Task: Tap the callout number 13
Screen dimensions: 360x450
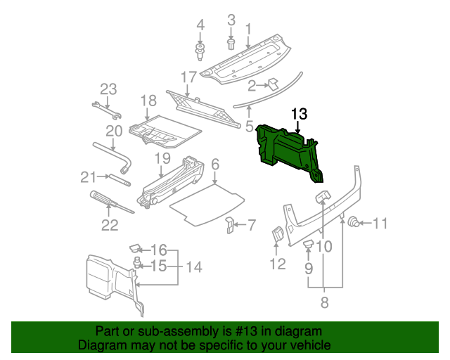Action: tap(299, 113)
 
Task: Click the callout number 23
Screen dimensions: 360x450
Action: tap(108, 89)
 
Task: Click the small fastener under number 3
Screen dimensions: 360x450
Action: tap(231, 44)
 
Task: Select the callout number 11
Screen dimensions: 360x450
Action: tap(380, 224)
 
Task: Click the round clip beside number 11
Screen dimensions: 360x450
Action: tap(355, 224)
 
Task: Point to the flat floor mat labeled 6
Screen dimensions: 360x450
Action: tap(207, 204)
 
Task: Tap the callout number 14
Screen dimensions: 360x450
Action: tap(193, 268)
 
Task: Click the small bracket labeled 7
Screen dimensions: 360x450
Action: tap(230, 226)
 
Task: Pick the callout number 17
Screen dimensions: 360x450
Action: tap(188, 77)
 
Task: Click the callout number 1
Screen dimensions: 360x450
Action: tap(247, 29)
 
